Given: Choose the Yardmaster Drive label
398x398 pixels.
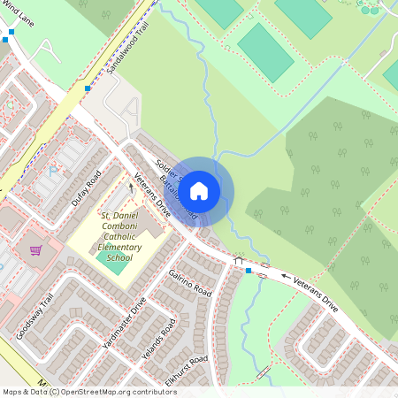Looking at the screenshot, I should pos(126,329).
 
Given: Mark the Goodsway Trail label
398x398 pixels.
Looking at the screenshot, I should pos(34,316).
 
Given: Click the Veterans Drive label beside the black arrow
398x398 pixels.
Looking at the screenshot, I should pos(317,292).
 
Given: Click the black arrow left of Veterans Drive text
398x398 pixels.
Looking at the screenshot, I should pos(286,277).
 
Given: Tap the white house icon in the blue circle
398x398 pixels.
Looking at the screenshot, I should pos(200,190).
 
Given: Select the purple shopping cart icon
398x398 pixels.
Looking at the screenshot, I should pos(36,250).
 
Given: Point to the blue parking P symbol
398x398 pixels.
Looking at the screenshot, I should pos(53,170).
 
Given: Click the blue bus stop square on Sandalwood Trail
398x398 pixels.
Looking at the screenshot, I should pos(87,88).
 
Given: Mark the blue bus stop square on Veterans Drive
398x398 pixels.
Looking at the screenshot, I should pos(249,270).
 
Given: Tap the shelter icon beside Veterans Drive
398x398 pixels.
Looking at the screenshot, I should pos(238,260).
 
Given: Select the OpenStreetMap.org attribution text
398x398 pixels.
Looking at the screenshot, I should pos(119,392).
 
